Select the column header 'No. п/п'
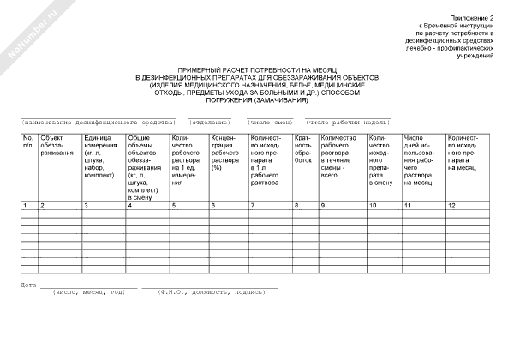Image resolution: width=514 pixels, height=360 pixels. pyautogui.click(x=27, y=141)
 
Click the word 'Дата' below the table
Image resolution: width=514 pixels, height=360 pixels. pyautogui.click(x=28, y=284)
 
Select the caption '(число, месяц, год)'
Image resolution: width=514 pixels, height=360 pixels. pyautogui.click(x=89, y=291)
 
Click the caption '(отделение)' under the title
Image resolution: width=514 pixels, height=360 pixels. pyautogui.click(x=210, y=122)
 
